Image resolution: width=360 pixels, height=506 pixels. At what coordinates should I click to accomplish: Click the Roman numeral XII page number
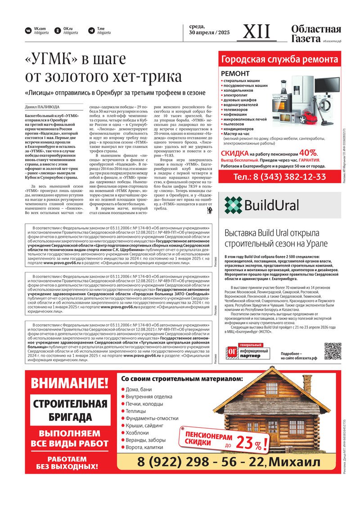257,31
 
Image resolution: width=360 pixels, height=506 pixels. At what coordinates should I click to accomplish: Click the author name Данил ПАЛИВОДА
42,107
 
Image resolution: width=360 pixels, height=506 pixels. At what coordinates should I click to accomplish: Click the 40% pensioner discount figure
308,152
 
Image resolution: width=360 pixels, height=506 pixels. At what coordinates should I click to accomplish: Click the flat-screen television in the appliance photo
327,85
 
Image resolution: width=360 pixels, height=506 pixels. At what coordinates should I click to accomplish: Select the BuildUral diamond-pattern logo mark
233,205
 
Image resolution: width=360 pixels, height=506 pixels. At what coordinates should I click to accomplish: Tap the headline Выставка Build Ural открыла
271,233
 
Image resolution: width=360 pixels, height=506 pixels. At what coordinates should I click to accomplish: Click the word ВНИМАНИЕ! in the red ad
70,383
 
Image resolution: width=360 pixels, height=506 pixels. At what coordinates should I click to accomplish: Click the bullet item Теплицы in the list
135,411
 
